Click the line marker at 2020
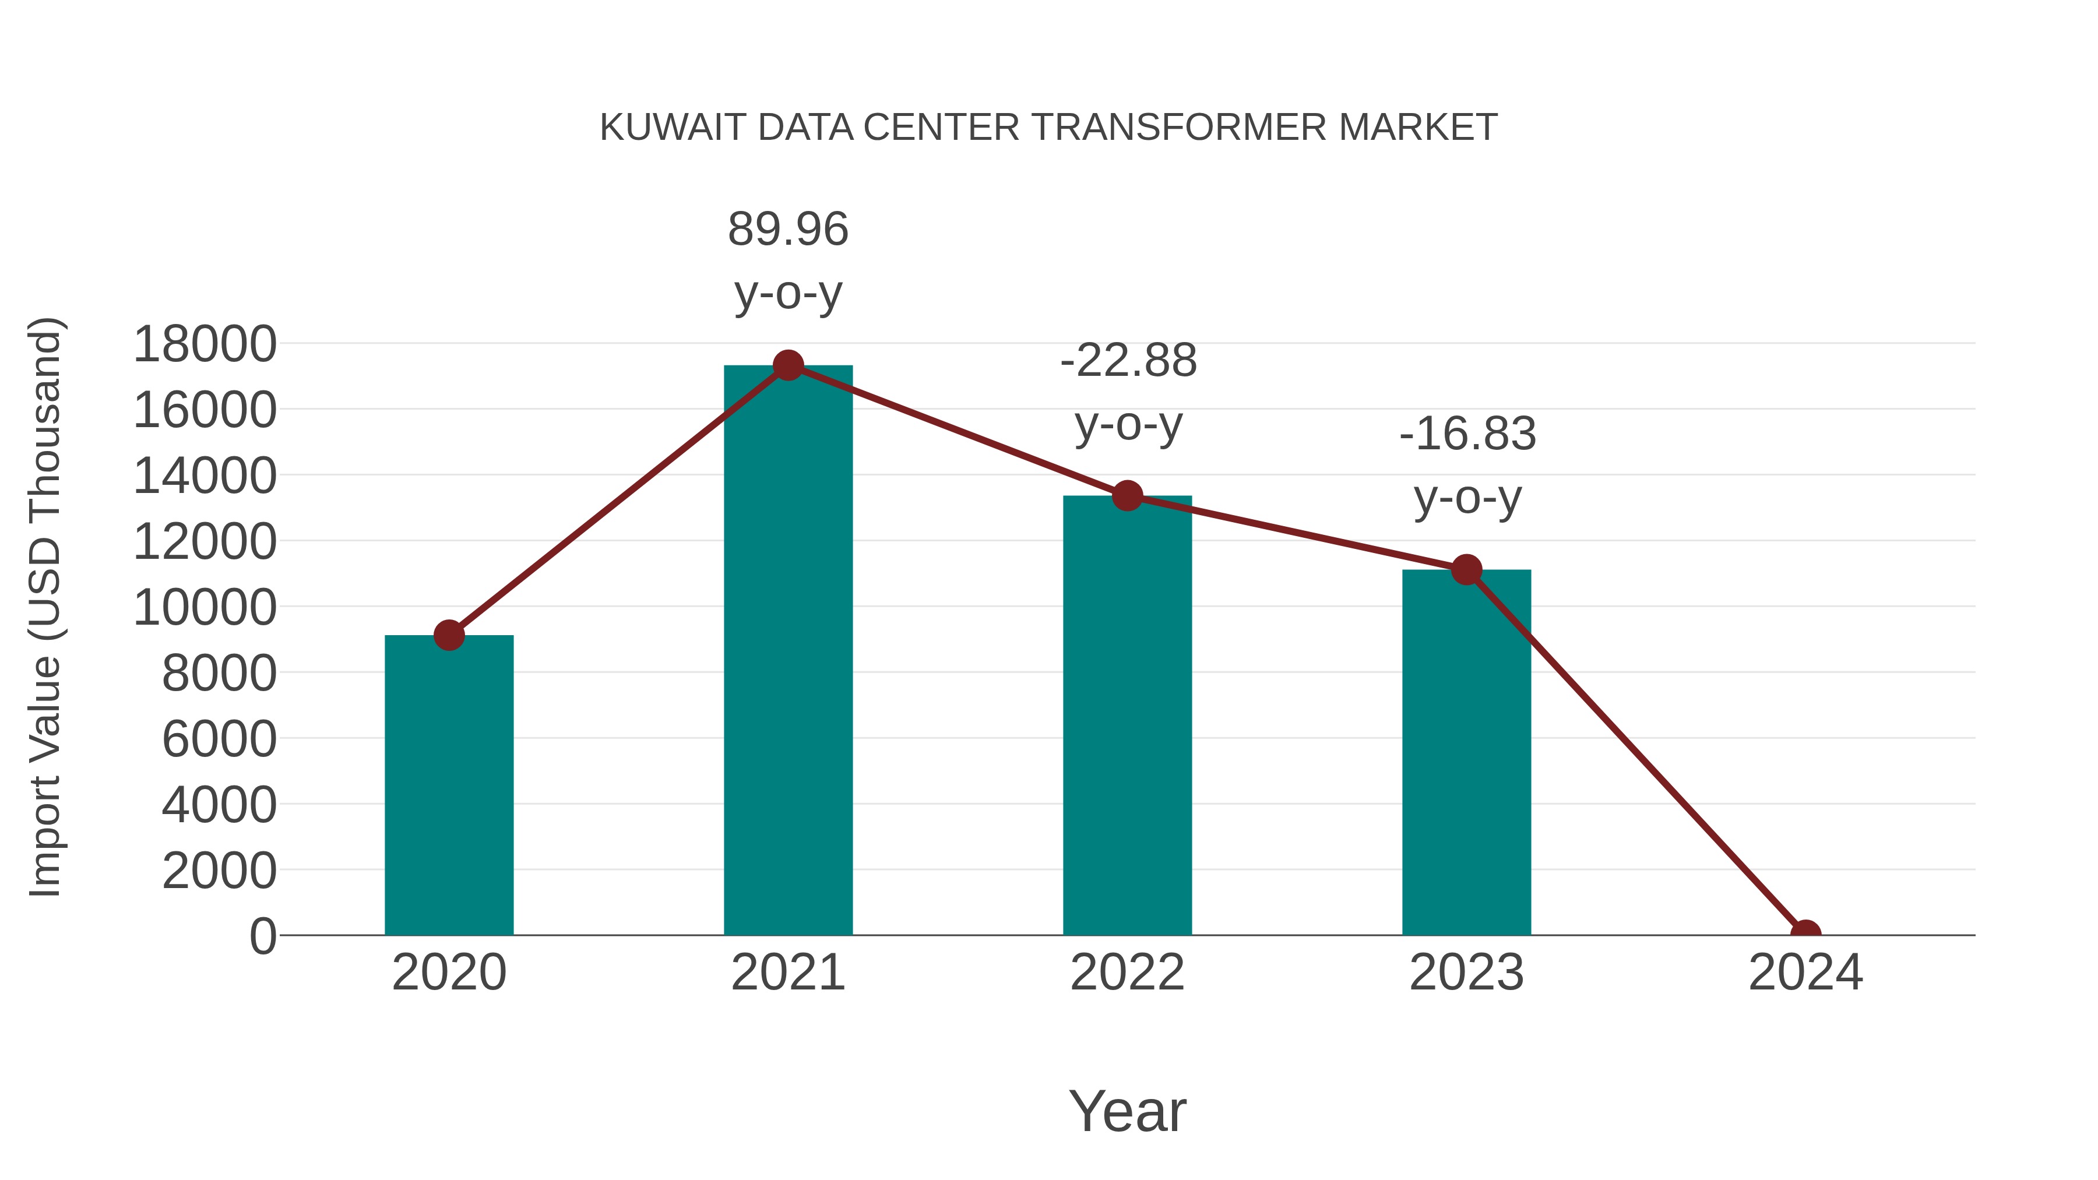(x=449, y=635)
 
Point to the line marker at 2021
(x=787, y=365)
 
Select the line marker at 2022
(x=1127, y=495)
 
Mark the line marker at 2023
(x=1466, y=570)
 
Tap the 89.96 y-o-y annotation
(x=787, y=260)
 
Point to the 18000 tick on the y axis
(x=205, y=344)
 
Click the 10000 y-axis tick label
(x=205, y=608)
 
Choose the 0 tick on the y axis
(x=262, y=936)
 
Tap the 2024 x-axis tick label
(x=1805, y=973)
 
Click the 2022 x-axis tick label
(x=1127, y=973)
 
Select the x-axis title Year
(x=1127, y=1111)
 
